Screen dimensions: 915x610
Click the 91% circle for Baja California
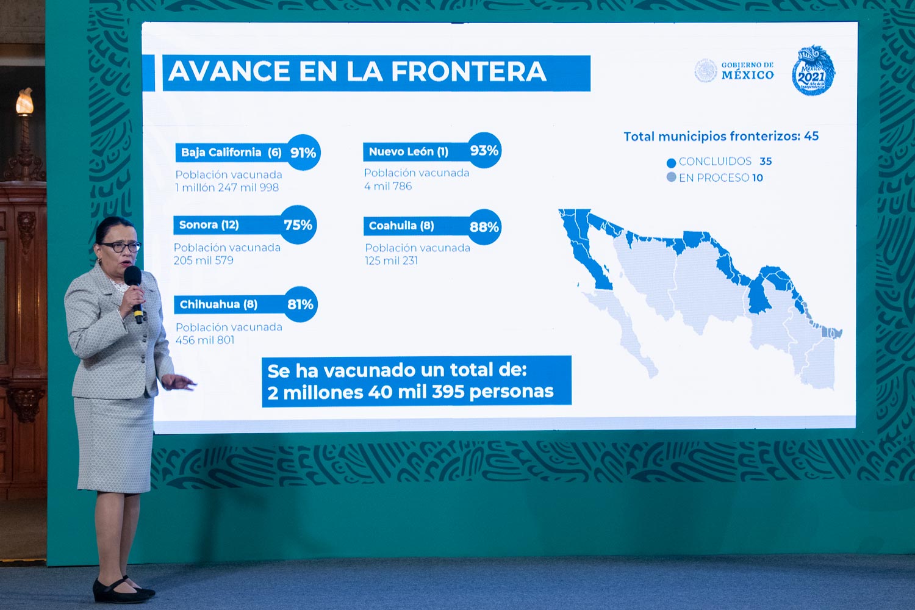303,152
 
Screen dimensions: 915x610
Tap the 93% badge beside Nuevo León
484,150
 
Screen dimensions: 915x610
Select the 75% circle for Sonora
299,224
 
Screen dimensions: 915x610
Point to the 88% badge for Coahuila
484,227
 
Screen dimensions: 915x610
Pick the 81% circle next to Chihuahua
300,304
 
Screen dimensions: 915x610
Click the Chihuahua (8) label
218,304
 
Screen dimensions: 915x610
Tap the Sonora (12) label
209,224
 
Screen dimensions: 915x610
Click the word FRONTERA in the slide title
468,72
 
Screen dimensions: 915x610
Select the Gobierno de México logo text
747,71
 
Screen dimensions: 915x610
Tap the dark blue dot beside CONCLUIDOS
671,163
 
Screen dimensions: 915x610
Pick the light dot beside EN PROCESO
671,178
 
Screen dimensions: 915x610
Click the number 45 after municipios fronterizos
811,136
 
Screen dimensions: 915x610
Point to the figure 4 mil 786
388,186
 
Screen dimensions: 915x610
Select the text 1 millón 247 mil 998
227,187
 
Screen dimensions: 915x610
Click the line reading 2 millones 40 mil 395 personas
411,392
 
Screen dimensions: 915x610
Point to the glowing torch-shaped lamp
24,102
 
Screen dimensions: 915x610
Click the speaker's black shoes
123,590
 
